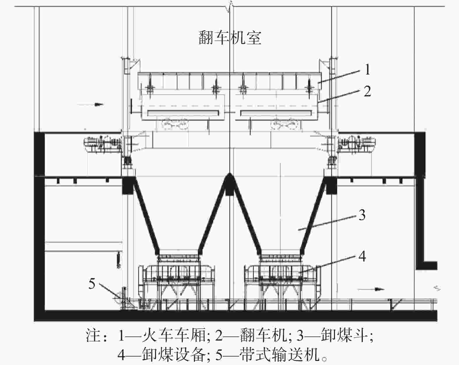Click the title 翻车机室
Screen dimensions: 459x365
click(230, 38)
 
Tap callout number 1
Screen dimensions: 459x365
click(367, 70)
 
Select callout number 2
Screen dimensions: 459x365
click(367, 91)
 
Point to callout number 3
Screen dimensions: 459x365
click(362, 215)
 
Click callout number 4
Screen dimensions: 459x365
click(362, 256)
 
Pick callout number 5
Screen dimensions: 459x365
click(92, 284)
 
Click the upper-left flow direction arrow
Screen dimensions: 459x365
click(90, 104)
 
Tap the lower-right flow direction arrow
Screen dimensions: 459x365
click(371, 289)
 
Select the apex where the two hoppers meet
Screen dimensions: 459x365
click(230, 173)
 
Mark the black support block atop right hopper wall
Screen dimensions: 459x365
click(331, 186)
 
